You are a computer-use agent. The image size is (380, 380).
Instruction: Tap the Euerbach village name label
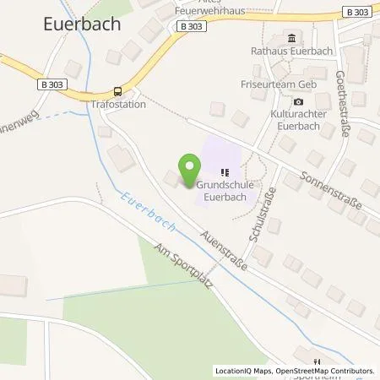click(81, 24)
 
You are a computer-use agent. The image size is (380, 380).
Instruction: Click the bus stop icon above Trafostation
click(117, 92)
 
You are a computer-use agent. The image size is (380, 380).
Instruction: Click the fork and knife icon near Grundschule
click(225, 173)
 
